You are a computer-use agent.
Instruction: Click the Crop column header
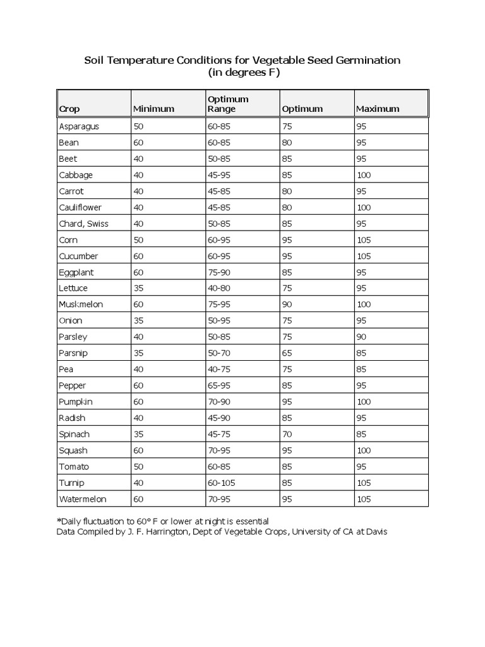click(x=69, y=109)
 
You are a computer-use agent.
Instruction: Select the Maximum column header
click(x=378, y=109)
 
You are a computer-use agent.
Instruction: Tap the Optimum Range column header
click(x=228, y=104)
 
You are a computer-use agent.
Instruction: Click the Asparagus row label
click(x=78, y=126)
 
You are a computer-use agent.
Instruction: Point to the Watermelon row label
click(x=82, y=499)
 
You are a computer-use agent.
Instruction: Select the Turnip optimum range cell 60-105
click(x=221, y=483)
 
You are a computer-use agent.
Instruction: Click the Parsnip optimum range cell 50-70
click(x=219, y=353)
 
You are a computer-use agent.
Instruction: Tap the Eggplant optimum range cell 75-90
click(x=219, y=272)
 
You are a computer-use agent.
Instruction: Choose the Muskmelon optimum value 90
click(x=287, y=305)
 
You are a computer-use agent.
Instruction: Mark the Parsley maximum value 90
click(x=362, y=337)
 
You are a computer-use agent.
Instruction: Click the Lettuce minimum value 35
click(x=138, y=288)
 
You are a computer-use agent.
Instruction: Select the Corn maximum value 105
click(x=364, y=240)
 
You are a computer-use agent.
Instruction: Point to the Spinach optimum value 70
click(x=287, y=434)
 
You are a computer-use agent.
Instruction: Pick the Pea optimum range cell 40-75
click(x=219, y=369)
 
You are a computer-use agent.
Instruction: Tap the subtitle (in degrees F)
click(x=243, y=73)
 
